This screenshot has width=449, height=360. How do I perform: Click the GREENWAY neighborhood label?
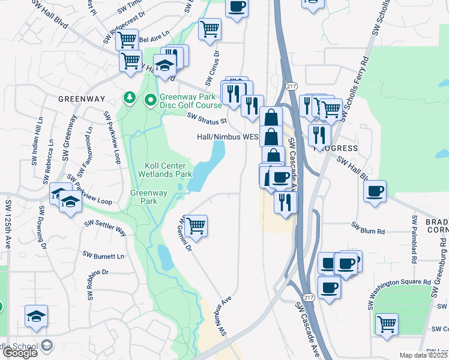click(82, 98)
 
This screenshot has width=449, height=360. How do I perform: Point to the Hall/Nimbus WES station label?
click(227, 137)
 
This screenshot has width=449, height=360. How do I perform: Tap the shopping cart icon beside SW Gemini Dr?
click(196, 226)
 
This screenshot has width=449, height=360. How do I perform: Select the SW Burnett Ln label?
click(103, 256)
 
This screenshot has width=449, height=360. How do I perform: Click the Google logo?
click(20, 353)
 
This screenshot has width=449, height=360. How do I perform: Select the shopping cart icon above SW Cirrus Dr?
click(209, 28)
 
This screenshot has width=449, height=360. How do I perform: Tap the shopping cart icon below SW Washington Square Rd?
click(387, 324)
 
